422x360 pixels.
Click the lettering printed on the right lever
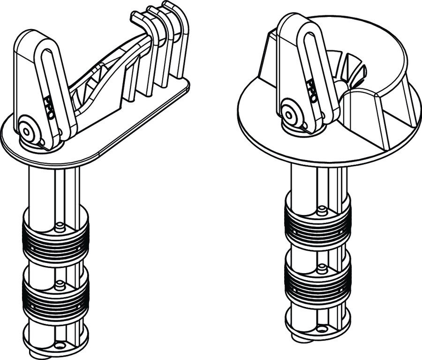(312, 91)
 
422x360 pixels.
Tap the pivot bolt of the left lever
(26, 131)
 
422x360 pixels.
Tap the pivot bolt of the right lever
(289, 115)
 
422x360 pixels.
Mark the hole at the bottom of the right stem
(321, 329)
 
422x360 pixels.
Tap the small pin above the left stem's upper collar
(60, 227)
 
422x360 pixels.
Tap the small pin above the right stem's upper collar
(321, 210)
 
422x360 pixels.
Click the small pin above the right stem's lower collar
(321, 268)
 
